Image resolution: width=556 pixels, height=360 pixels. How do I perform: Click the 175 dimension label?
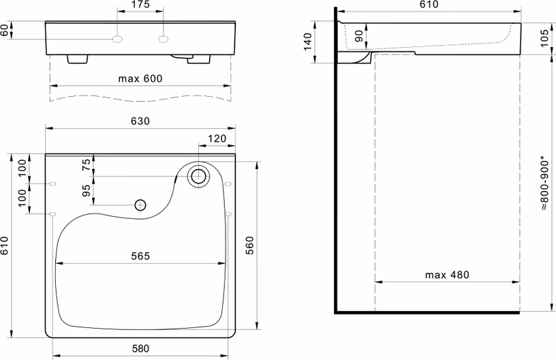140,5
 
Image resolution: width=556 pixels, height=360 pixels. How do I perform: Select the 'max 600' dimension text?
140,78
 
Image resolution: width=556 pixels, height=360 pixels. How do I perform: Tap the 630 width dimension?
140,121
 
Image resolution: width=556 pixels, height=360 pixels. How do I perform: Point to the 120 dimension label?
217,138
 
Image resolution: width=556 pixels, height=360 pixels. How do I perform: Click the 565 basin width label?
140,256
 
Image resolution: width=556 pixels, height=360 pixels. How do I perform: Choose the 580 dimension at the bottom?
140,348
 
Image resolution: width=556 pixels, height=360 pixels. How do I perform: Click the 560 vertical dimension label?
249,245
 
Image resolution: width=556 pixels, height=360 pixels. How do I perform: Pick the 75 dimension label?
86,165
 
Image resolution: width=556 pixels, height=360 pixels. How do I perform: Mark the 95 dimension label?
86,190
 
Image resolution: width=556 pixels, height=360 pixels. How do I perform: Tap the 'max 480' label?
447,275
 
